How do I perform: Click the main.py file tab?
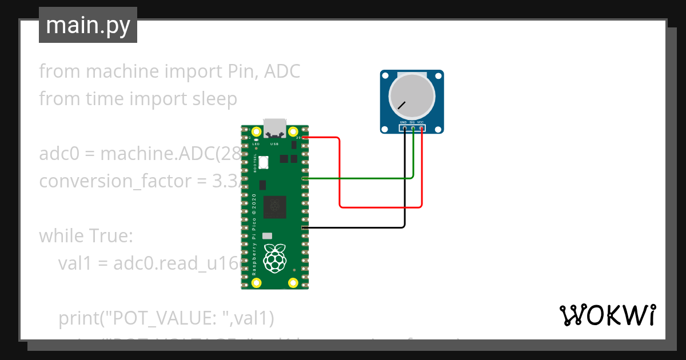(87, 25)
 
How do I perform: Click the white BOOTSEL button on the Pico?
(264, 162)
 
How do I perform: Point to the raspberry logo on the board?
(274, 258)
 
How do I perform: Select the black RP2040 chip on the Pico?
(275, 206)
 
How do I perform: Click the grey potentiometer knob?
(412, 94)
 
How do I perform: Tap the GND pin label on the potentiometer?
(404, 122)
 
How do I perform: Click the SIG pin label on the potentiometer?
(412, 122)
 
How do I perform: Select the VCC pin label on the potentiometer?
(420, 122)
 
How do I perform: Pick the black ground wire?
(354, 227)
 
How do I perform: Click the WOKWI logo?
(607, 315)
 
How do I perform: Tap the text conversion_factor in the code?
(122, 181)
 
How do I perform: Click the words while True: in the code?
(86, 235)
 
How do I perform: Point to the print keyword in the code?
(78, 317)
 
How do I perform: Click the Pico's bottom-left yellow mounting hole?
(257, 282)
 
